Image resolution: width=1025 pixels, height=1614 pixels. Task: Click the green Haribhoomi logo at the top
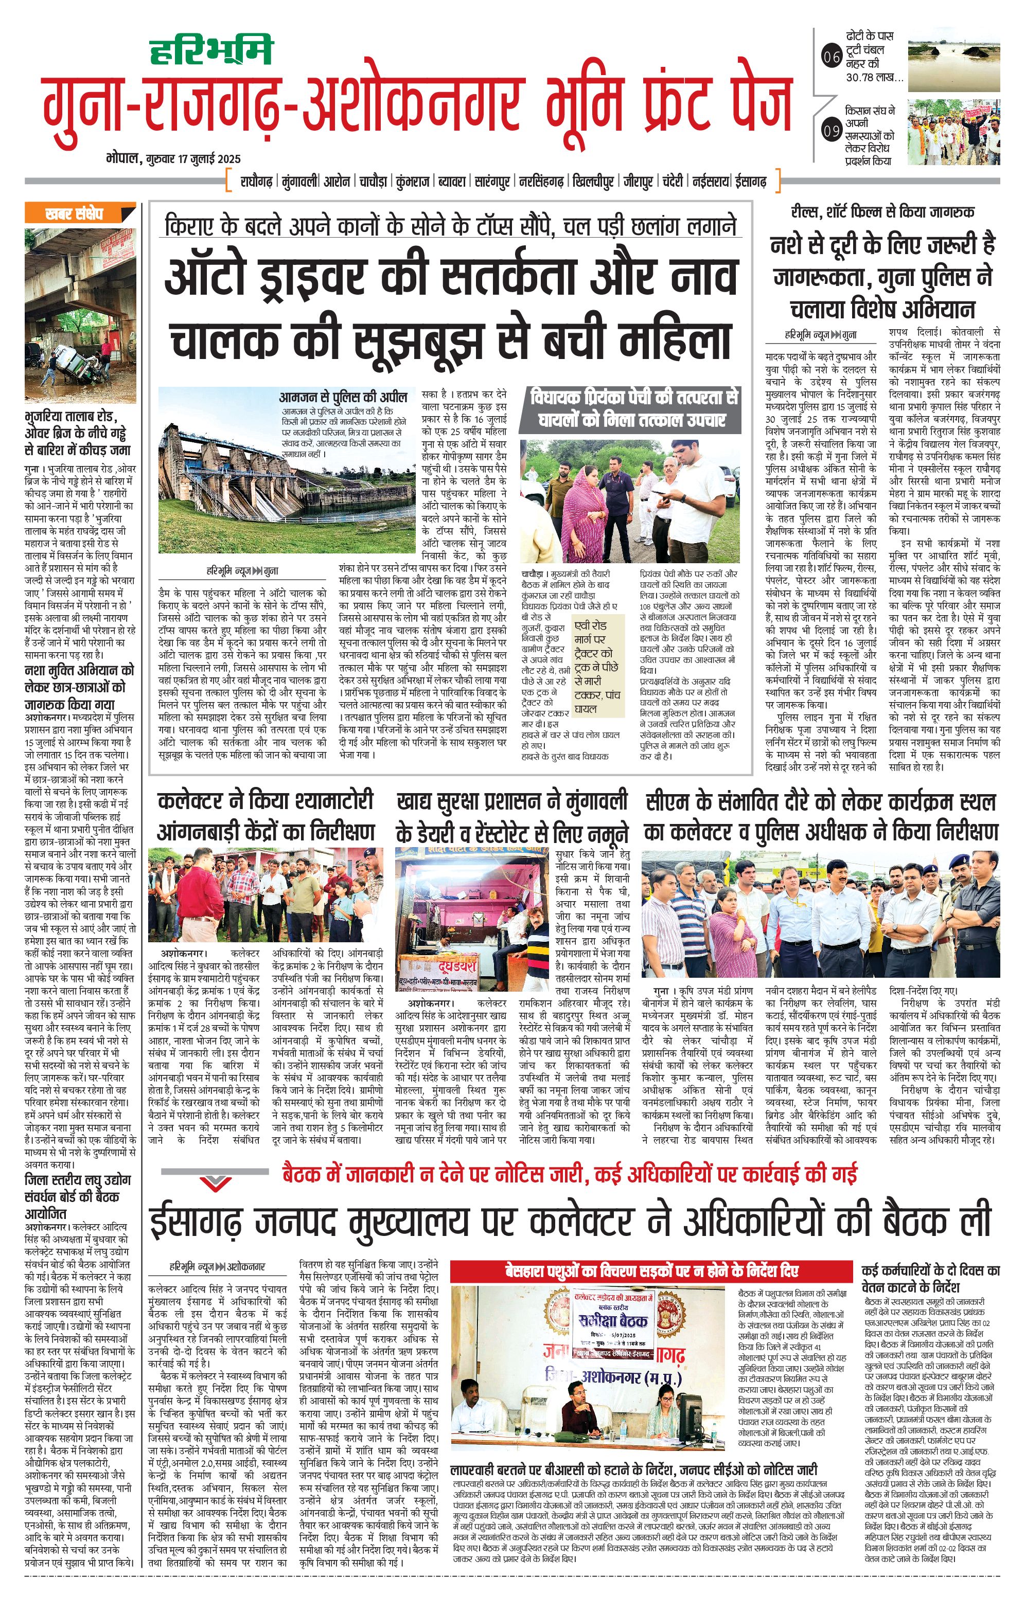(210, 49)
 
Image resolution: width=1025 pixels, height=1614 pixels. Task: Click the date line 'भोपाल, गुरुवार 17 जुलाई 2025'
(173, 159)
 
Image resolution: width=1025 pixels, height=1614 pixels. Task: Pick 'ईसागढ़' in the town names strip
(750, 181)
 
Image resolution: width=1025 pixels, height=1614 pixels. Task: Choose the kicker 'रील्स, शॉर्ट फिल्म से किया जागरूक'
(882, 212)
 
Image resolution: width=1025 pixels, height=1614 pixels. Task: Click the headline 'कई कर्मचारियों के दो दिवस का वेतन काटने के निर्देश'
(930, 1278)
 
